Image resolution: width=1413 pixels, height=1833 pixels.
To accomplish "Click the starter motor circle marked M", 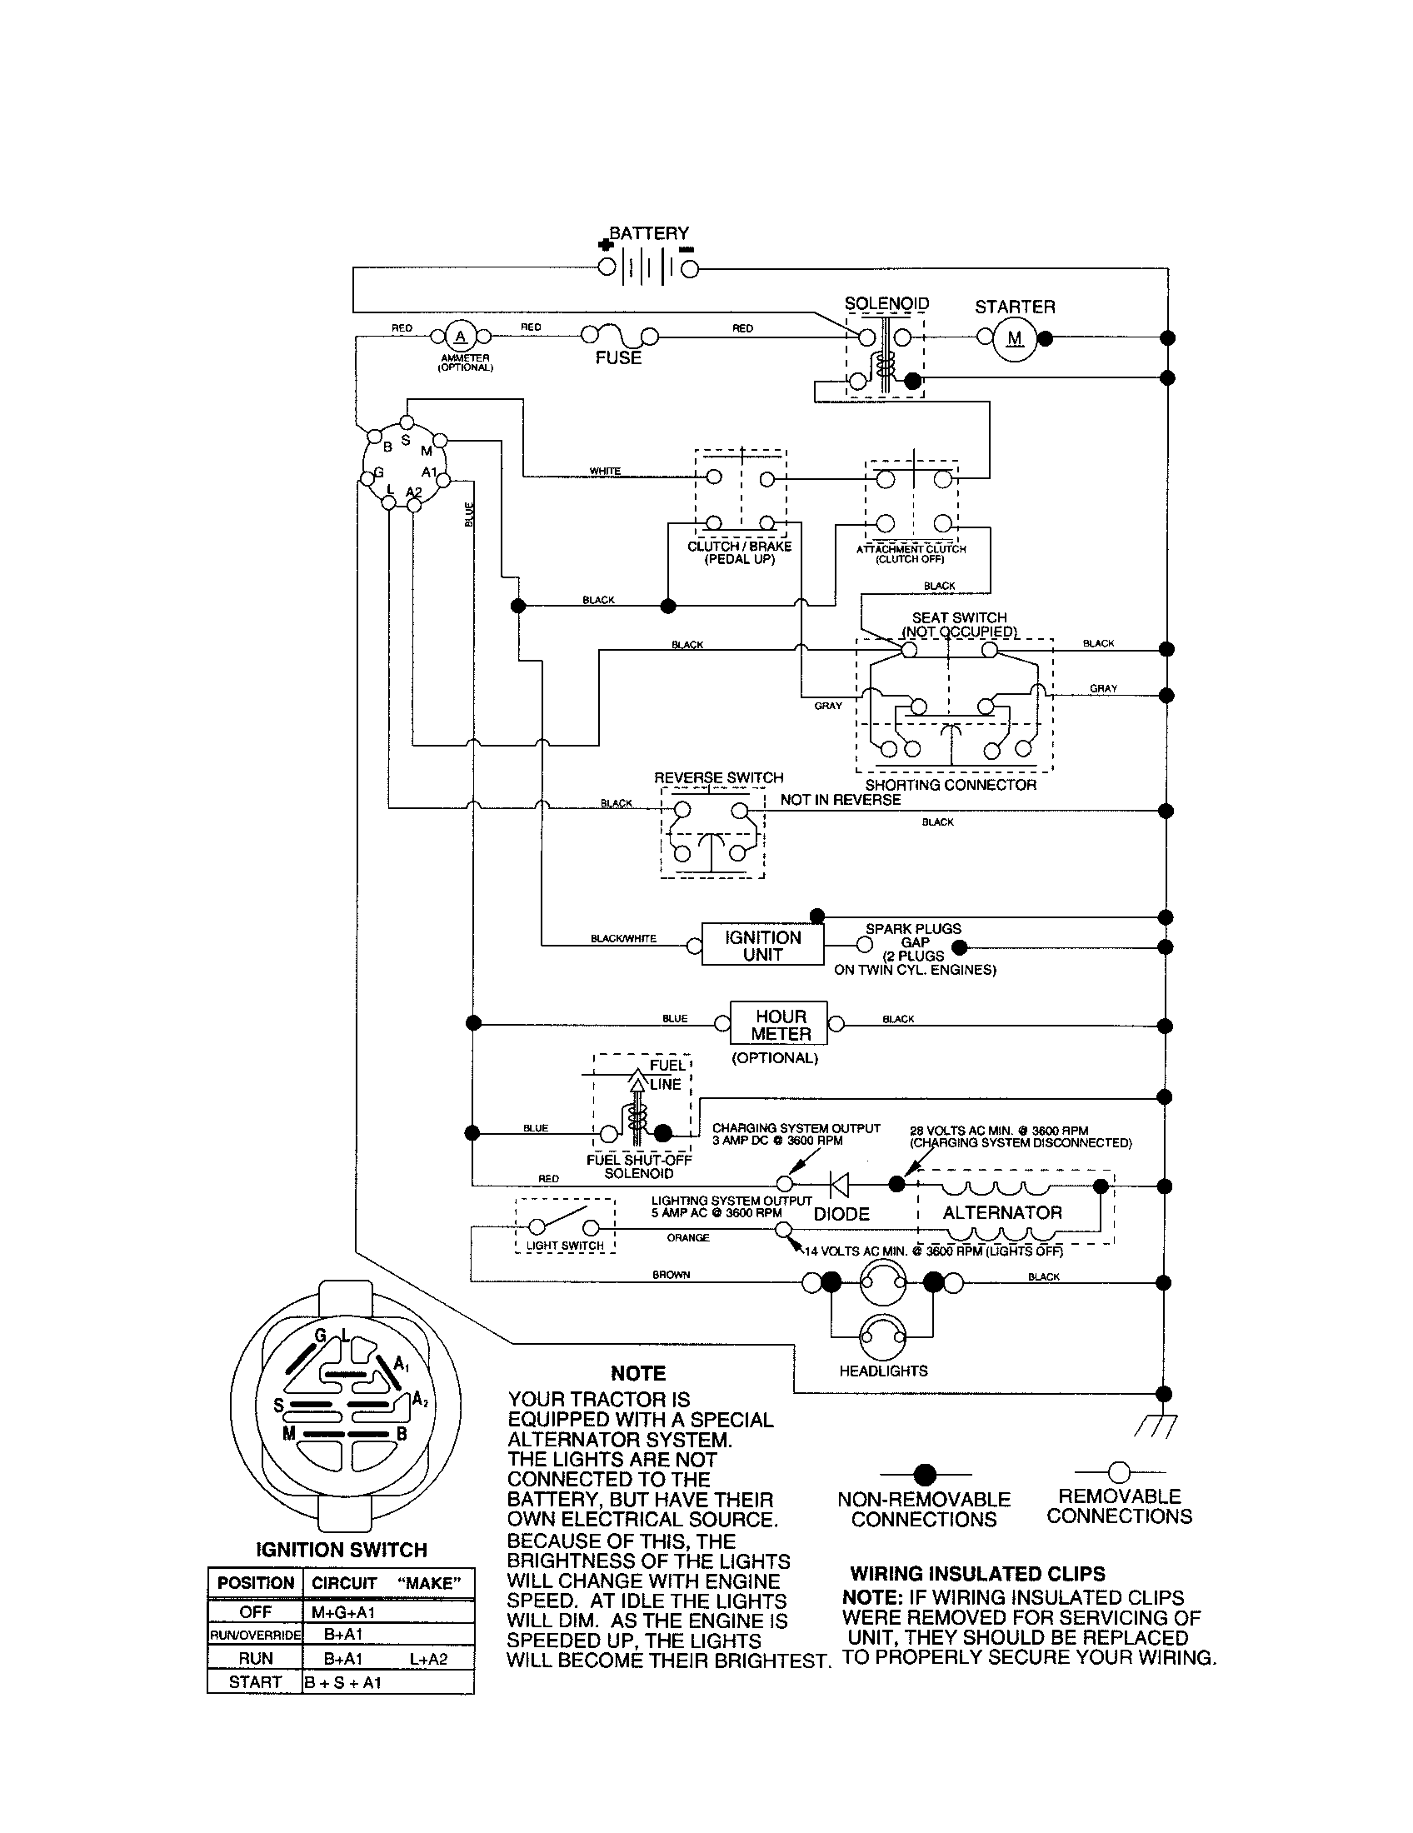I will pos(1016,338).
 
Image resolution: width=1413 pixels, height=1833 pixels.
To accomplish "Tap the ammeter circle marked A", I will pos(459,337).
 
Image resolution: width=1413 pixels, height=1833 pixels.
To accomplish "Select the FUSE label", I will pos(618,357).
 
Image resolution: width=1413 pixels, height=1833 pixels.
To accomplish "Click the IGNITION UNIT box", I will pos(762,946).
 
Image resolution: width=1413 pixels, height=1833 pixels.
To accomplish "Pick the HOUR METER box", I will pos(780,1024).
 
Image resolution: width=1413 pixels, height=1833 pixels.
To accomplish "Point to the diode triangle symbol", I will pos(838,1184).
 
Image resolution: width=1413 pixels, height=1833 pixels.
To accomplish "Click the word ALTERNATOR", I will pos(1002,1213).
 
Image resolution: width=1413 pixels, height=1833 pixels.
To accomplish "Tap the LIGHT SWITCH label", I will pos(565,1246).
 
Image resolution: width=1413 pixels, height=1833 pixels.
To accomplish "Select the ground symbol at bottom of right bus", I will pos(1156,1424).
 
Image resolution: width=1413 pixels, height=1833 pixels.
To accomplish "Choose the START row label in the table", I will pos(254,1682).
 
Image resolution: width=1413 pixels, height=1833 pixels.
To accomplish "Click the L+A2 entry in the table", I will pos(429,1658).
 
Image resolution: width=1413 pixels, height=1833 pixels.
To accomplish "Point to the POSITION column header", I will pos(255,1583).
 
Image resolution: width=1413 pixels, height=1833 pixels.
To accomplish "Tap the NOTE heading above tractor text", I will pos(637,1374).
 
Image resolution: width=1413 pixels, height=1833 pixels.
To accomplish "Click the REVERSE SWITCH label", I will pos(718,778).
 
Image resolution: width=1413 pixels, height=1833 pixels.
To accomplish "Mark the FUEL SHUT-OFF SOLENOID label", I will pos(638,1166).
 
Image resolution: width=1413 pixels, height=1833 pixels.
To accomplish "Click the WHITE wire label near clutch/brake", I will pos(605,471).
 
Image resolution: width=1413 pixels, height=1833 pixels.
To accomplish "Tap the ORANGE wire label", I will pos(688,1238).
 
